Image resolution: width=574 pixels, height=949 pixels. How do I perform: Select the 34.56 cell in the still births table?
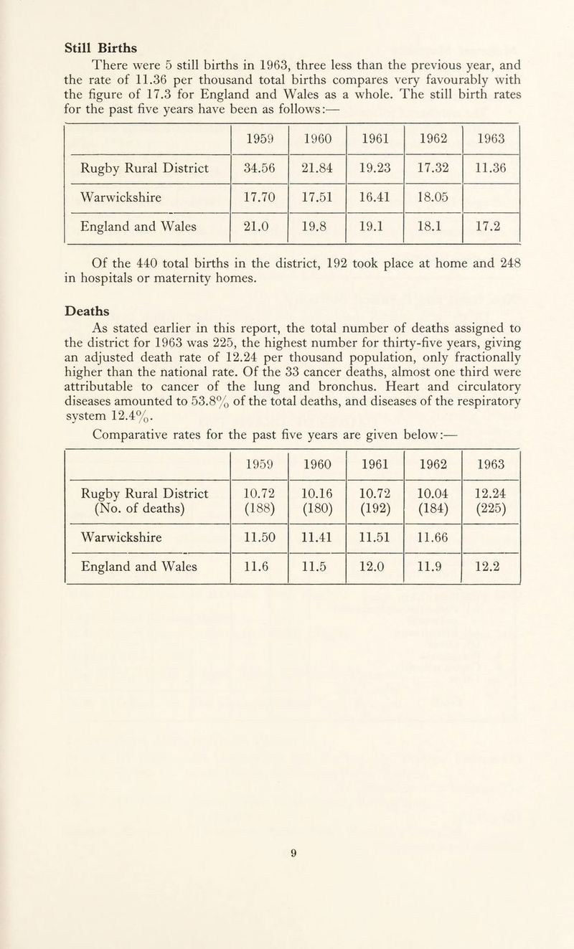pos(258,169)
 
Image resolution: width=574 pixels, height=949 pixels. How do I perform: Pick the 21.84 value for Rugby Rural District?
pos(316,169)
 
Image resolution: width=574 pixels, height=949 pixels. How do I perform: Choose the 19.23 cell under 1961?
pos(374,169)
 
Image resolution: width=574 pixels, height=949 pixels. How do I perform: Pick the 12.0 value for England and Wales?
pos(374,570)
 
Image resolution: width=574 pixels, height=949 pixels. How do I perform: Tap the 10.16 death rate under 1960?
pos(316,494)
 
